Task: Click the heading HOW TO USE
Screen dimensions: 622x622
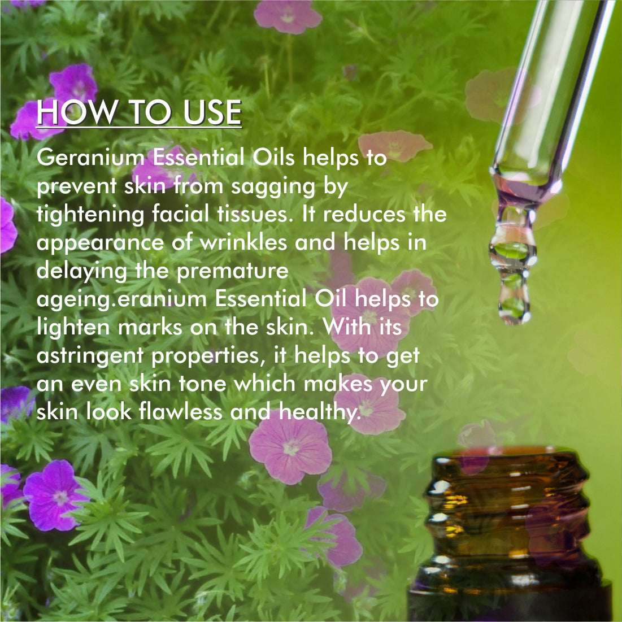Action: coord(139,112)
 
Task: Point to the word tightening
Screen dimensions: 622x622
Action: coord(90,215)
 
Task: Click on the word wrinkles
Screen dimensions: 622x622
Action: coord(245,242)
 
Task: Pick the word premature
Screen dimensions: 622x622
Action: coord(232,271)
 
